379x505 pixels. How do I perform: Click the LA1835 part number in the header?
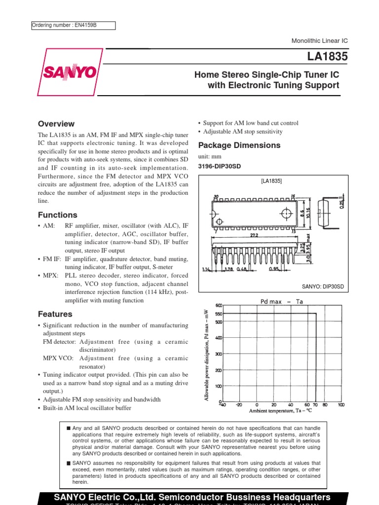[x=327, y=57]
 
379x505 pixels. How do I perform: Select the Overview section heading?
[x=56, y=124]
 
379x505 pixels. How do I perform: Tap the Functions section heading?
[x=57, y=215]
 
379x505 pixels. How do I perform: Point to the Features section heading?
[x=55, y=314]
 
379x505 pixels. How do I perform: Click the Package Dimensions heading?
[x=239, y=145]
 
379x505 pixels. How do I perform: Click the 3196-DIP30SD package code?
[x=219, y=166]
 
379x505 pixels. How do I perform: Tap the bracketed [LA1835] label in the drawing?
[x=271, y=181]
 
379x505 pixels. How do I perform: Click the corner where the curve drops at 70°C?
[x=316, y=313]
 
